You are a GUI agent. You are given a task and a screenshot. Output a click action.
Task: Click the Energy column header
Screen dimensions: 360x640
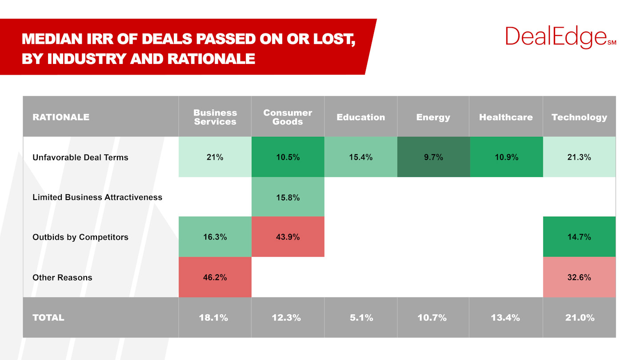[x=433, y=117]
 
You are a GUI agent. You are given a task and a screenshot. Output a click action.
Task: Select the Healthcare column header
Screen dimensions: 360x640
[x=506, y=117]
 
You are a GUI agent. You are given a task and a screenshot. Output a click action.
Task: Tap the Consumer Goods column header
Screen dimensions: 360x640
[x=288, y=117]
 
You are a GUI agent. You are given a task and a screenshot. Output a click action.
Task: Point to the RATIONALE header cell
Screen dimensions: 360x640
[x=61, y=117]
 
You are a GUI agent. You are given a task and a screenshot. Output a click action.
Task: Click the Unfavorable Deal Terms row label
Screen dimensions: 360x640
[x=80, y=157]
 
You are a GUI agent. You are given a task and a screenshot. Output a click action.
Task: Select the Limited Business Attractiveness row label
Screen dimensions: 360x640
[x=97, y=197]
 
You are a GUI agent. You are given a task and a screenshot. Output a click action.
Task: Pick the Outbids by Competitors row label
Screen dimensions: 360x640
[x=80, y=237]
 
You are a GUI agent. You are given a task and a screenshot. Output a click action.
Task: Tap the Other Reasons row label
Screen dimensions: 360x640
[x=62, y=277]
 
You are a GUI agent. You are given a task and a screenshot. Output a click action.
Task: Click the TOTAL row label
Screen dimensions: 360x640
[x=48, y=318]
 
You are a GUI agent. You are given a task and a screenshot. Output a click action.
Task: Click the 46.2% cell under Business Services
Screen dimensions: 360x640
[x=215, y=277]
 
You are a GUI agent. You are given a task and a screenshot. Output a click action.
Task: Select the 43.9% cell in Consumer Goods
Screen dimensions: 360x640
[x=288, y=237]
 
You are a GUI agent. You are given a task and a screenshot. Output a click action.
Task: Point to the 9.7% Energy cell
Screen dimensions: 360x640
[x=433, y=157]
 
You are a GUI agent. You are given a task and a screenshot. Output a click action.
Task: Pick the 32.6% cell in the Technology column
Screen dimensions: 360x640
[x=579, y=277]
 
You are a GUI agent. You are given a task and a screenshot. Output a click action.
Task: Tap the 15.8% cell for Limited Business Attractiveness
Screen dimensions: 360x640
[x=288, y=197]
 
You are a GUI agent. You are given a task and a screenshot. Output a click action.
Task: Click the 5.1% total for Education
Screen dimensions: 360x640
[x=360, y=318]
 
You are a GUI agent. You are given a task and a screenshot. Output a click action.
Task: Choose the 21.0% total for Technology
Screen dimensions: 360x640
[x=579, y=318]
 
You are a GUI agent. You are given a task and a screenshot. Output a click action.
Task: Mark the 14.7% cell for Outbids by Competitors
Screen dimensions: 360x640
[x=579, y=237]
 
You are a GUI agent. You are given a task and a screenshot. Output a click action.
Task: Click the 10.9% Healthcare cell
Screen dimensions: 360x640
[x=506, y=157]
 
